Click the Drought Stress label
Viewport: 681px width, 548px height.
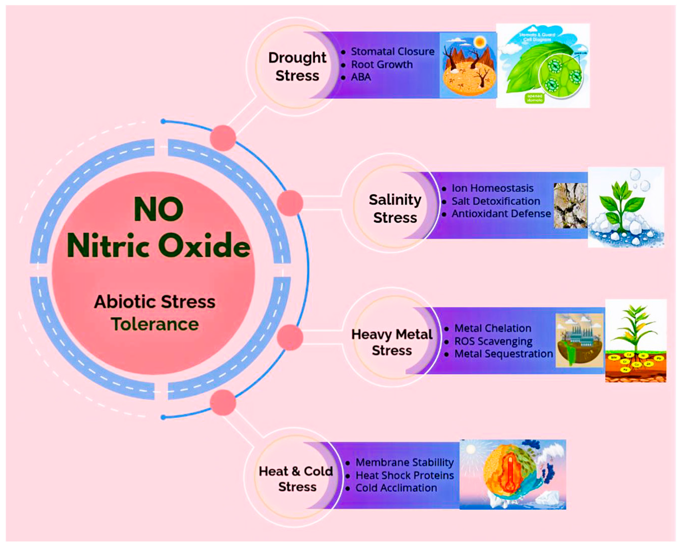tap(297, 67)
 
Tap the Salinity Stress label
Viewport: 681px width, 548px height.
tap(395, 208)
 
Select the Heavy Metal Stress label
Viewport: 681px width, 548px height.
tap(392, 342)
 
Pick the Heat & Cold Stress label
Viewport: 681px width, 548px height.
tap(296, 479)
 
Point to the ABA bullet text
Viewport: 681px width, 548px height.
tap(361, 77)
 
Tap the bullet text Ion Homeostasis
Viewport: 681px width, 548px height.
tap(492, 188)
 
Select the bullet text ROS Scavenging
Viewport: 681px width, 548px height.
tap(493, 342)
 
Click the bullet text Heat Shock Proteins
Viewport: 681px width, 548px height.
tap(405, 475)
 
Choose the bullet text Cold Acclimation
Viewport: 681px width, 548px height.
tap(396, 488)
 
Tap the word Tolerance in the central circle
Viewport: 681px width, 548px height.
tap(155, 324)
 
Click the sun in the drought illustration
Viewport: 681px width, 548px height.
tap(480, 42)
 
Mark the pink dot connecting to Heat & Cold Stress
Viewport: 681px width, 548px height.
tap(223, 402)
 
